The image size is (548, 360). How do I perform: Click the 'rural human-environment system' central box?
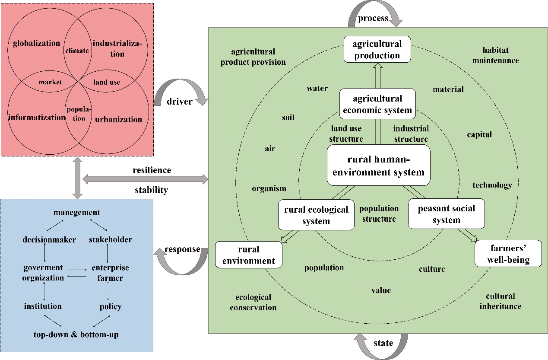(378, 166)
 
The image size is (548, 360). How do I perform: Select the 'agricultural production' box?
(376, 49)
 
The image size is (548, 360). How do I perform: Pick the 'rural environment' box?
(248, 255)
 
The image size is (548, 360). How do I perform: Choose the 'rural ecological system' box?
(316, 215)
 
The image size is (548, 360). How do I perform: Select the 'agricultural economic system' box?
(377, 104)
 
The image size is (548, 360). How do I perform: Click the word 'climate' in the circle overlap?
(78, 51)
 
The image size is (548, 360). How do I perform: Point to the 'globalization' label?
(37, 43)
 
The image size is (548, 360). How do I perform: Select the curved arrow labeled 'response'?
(182, 259)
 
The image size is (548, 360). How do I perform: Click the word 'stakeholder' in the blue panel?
(111, 239)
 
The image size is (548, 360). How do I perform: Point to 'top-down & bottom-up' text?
(76, 334)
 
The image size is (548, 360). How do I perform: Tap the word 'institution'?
(43, 306)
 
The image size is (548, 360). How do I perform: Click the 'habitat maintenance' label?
(495, 55)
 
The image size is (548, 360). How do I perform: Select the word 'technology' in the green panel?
(492, 185)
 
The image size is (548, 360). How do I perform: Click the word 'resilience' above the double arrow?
(152, 170)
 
